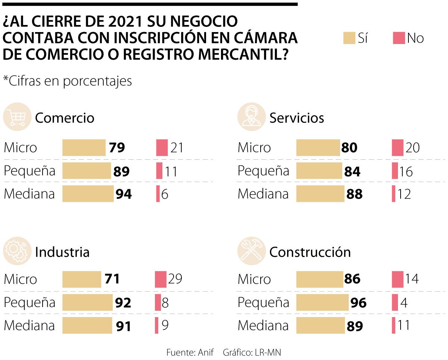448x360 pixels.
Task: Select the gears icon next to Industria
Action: pyautogui.click(x=17, y=251)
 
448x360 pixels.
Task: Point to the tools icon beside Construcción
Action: pyautogui.click(x=251, y=251)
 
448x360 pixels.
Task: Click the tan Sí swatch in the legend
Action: pyautogui.click(x=349, y=38)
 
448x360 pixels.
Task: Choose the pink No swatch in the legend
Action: pyautogui.click(x=399, y=38)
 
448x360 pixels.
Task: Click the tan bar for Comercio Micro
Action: pyautogui.click(x=84, y=147)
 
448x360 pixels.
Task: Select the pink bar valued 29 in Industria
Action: pyautogui.click(x=161, y=279)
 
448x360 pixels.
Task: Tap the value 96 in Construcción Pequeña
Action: pyautogui.click(x=358, y=303)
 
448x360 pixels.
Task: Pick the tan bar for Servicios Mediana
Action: pyautogui.click(x=320, y=194)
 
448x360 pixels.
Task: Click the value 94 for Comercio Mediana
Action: pyautogui.click(x=123, y=194)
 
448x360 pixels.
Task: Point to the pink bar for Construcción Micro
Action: pyautogui.click(x=398, y=279)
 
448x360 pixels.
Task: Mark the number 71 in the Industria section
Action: pyautogui.click(x=112, y=279)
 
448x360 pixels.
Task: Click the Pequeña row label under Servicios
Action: pyautogui.click(x=263, y=171)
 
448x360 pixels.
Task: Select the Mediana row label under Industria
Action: pyautogui.click(x=29, y=326)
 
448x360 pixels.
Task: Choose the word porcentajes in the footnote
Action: pyautogui.click(x=97, y=81)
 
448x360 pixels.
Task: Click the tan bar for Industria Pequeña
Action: pyautogui.click(x=87, y=302)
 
